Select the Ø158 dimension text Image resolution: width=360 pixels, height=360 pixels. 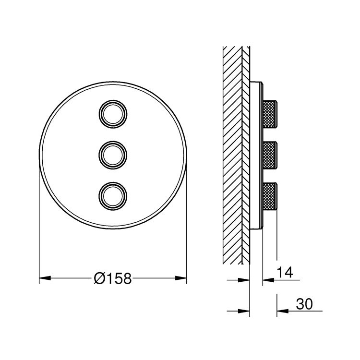[113, 278]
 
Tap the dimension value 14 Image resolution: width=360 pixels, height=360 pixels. [284, 273]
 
